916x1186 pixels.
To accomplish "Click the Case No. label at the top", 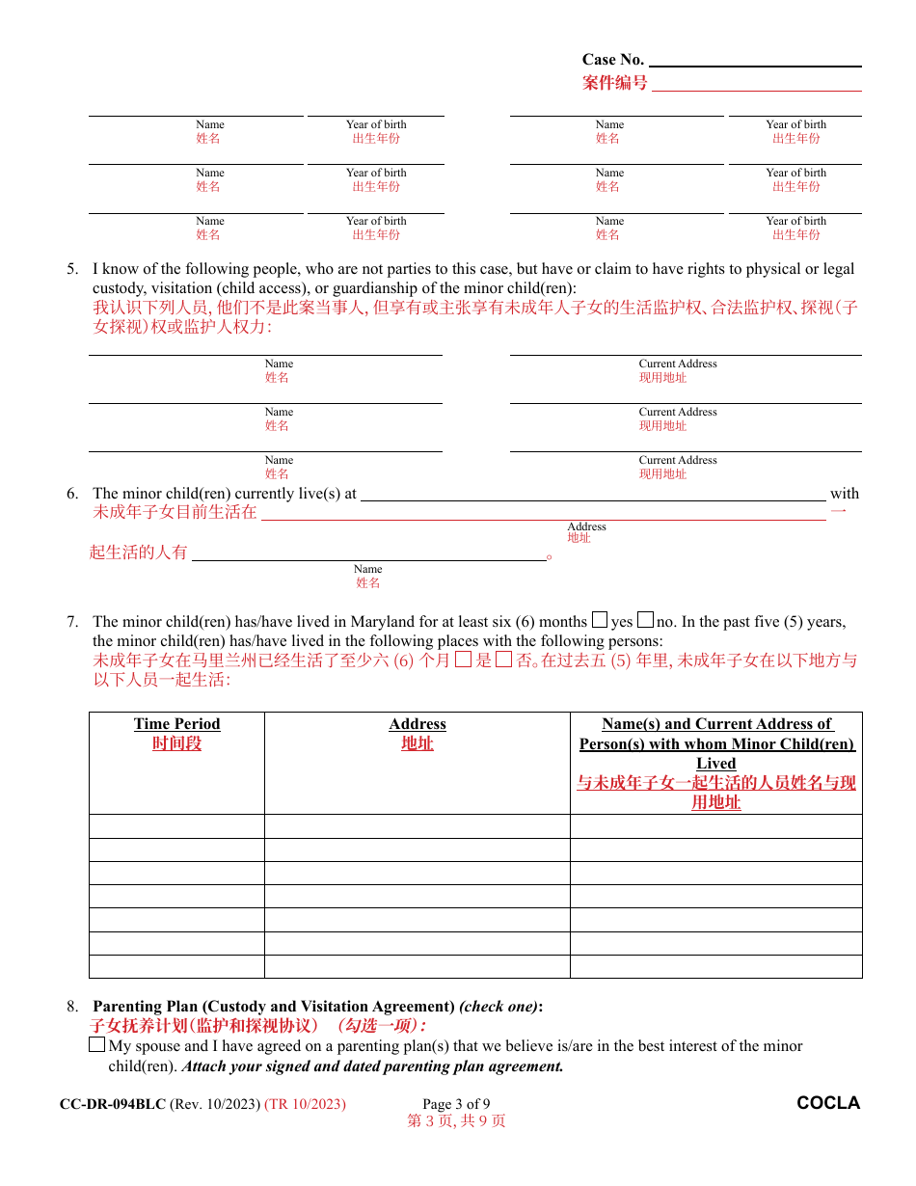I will point(612,60).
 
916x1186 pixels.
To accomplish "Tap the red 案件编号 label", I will point(614,83).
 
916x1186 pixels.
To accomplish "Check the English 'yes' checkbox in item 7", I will point(600,621).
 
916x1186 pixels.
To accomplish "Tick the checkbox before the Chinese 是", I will point(463,660).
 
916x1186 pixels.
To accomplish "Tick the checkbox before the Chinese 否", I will point(503,660).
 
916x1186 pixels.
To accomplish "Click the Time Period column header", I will point(176,724).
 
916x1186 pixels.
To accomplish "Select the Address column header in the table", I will point(418,724).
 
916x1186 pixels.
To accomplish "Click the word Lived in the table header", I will point(716,763).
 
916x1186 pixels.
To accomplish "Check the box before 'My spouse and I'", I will point(97,1045).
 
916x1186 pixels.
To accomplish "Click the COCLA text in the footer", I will point(828,1103).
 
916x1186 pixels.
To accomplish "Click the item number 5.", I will point(72,269).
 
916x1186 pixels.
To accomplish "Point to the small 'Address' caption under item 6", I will point(586,526).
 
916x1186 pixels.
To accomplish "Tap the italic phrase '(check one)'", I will point(498,1007).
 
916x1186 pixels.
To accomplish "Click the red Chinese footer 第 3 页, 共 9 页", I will point(456,1121).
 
